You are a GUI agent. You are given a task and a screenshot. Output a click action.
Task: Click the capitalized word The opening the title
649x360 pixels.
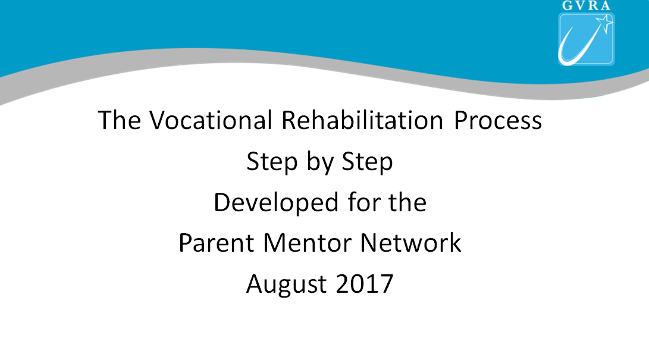tap(119, 120)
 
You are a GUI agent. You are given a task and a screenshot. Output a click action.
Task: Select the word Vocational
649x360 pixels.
tap(211, 120)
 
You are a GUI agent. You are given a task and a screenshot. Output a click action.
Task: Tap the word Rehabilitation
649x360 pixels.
tap(363, 120)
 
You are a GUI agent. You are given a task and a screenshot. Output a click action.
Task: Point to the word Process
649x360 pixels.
tap(498, 120)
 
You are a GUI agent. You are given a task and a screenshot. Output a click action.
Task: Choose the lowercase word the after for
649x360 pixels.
tap(407, 202)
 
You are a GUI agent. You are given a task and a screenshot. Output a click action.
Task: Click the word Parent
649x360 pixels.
tap(216, 243)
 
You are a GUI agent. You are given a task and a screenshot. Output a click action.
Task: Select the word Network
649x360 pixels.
tap(410, 243)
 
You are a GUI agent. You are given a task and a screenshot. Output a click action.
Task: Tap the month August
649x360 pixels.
tap(286, 285)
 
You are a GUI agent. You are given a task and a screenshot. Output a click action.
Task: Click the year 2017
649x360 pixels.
tap(364, 284)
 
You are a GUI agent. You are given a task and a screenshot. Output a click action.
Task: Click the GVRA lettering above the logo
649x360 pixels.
tap(586, 5)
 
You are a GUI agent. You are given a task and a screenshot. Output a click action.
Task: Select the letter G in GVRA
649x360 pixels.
tap(567, 5)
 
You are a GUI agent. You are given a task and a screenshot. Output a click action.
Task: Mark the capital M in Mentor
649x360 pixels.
tap(274, 243)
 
